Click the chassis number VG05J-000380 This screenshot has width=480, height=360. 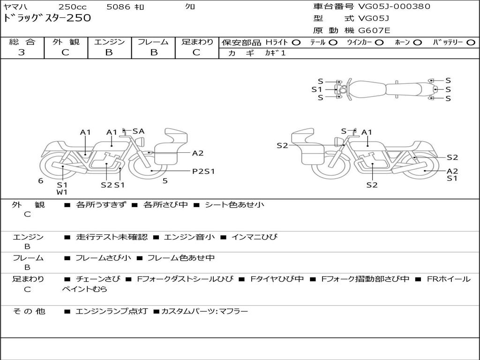pos(394,7)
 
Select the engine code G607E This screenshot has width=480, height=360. pos(374,30)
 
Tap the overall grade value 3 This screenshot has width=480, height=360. pos(22,52)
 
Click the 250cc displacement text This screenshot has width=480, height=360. pos(72,7)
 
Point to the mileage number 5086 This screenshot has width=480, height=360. pos(118,7)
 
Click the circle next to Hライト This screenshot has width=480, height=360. pos(296,43)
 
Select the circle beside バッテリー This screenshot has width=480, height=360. pos(471,43)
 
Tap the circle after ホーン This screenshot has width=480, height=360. pos(418,43)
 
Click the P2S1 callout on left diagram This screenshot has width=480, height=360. pos(203,172)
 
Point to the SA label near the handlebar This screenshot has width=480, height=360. pos(138,131)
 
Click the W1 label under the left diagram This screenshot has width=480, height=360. pos(62,192)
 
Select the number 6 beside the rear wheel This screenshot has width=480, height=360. pos(41,181)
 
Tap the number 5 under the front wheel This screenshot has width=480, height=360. pos(165,181)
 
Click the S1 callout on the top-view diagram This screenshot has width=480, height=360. pos(317,90)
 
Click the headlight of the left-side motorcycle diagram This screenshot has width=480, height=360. pos(141,142)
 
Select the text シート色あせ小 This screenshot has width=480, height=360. pos(234,204)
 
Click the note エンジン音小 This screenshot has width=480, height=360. pos(189,237)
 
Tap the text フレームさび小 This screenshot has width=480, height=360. pos(103,258)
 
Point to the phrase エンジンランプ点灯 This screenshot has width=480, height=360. pos(112,311)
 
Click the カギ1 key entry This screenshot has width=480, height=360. pos(275,53)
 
